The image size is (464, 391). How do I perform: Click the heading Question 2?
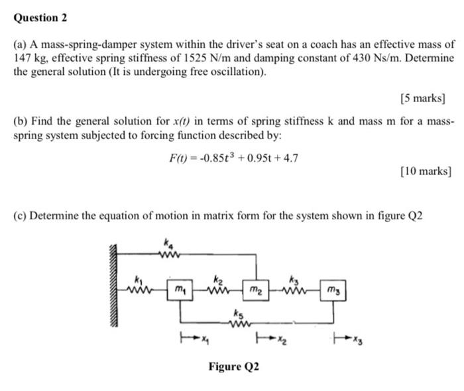coord(40,18)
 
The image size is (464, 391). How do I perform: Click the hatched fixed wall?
coord(113,285)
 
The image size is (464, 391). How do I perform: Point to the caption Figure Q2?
coord(234,366)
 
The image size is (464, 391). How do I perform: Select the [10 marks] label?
coord(426,172)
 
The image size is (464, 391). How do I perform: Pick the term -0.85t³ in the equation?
coord(213,158)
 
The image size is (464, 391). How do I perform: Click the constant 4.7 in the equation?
coord(290,158)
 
